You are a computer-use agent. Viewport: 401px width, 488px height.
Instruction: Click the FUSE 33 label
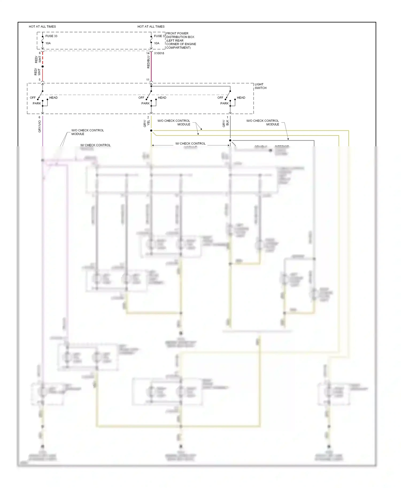pyautogui.click(x=51, y=36)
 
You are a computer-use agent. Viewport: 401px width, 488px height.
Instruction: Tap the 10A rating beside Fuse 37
pyautogui.click(x=157, y=43)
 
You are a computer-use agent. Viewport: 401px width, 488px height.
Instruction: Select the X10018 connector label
pyautogui.click(x=159, y=53)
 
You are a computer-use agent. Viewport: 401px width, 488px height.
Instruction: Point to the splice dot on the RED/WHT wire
pyautogui.click(x=43, y=66)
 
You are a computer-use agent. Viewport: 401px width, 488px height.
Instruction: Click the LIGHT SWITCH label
pyautogui.click(x=260, y=86)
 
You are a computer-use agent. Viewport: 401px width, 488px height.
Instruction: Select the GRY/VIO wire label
pyautogui.click(x=40, y=126)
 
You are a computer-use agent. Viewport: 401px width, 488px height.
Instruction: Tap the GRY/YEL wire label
pyautogui.click(x=146, y=123)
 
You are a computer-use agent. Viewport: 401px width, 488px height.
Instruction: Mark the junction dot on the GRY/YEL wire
pyautogui.click(x=151, y=131)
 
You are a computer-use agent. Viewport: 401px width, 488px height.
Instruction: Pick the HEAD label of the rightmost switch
pyautogui.click(x=241, y=98)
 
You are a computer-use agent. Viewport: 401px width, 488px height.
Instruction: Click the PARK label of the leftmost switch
pyautogui.click(x=37, y=104)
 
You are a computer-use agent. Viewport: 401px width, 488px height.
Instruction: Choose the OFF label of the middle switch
pyautogui.click(x=141, y=98)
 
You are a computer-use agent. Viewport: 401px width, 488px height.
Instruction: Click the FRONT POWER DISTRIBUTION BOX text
pyautogui.click(x=181, y=40)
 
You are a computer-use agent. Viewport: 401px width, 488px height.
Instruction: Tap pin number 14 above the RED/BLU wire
pyautogui.click(x=148, y=53)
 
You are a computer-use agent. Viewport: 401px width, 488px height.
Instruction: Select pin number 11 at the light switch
pyautogui.click(x=148, y=80)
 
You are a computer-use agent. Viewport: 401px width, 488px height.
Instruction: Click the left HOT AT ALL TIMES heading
pyautogui.click(x=42, y=27)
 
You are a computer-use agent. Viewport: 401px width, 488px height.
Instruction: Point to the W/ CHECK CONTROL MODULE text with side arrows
pyautogui.click(x=190, y=144)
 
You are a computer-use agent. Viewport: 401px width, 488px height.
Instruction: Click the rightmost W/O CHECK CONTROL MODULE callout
pyautogui.click(x=262, y=123)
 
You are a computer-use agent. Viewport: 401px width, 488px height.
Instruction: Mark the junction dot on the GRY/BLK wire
pyautogui.click(x=230, y=140)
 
